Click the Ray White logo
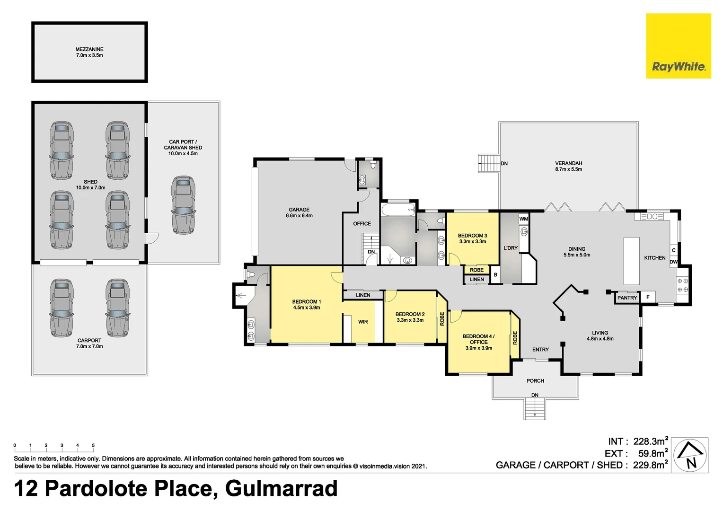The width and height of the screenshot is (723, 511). click(678, 46)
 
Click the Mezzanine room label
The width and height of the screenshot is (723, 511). click(89, 49)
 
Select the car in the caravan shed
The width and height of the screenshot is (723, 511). click(184, 204)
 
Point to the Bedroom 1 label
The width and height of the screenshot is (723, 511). click(306, 301)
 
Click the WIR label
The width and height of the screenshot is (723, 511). click(363, 322)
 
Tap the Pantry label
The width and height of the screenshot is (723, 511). click(627, 298)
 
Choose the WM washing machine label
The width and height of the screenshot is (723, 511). click(523, 219)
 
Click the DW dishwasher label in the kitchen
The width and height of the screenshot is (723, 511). click(673, 262)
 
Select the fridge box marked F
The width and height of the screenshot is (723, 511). click(648, 297)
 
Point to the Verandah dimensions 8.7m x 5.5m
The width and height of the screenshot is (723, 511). click(568, 169)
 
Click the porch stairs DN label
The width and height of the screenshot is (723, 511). click(535, 395)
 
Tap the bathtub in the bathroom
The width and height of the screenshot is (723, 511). click(397, 210)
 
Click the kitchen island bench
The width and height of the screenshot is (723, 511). click(631, 260)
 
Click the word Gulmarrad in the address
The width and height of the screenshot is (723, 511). click(281, 488)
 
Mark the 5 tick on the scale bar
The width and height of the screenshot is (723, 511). click(93, 446)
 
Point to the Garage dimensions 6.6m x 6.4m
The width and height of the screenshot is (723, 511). click(299, 216)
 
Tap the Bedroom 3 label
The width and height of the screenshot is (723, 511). click(472, 235)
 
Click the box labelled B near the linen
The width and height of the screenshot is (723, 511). click(495, 275)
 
